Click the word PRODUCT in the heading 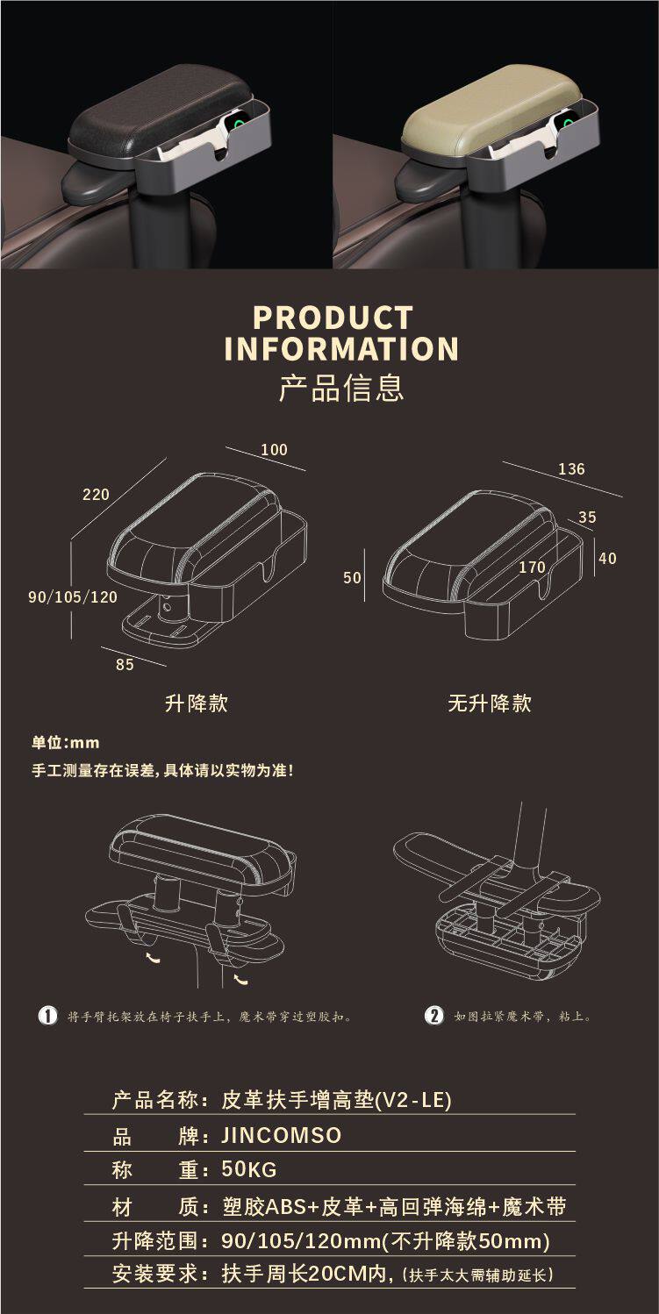click(x=333, y=318)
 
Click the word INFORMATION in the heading click(x=341, y=348)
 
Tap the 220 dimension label click(x=96, y=495)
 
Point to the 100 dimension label click(x=274, y=450)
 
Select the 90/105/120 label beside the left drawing click(x=73, y=597)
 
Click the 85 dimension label click(x=125, y=665)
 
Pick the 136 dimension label click(x=571, y=469)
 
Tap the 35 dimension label click(x=587, y=518)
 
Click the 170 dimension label click(x=532, y=568)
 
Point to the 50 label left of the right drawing click(x=352, y=578)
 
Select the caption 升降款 click(x=196, y=703)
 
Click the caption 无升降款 click(x=489, y=703)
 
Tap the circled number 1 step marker click(x=47, y=1016)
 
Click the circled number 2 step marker click(x=433, y=1016)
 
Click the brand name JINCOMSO click(x=281, y=1136)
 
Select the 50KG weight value click(x=249, y=1169)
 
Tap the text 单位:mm click(x=65, y=743)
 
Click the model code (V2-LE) click(x=413, y=1099)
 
